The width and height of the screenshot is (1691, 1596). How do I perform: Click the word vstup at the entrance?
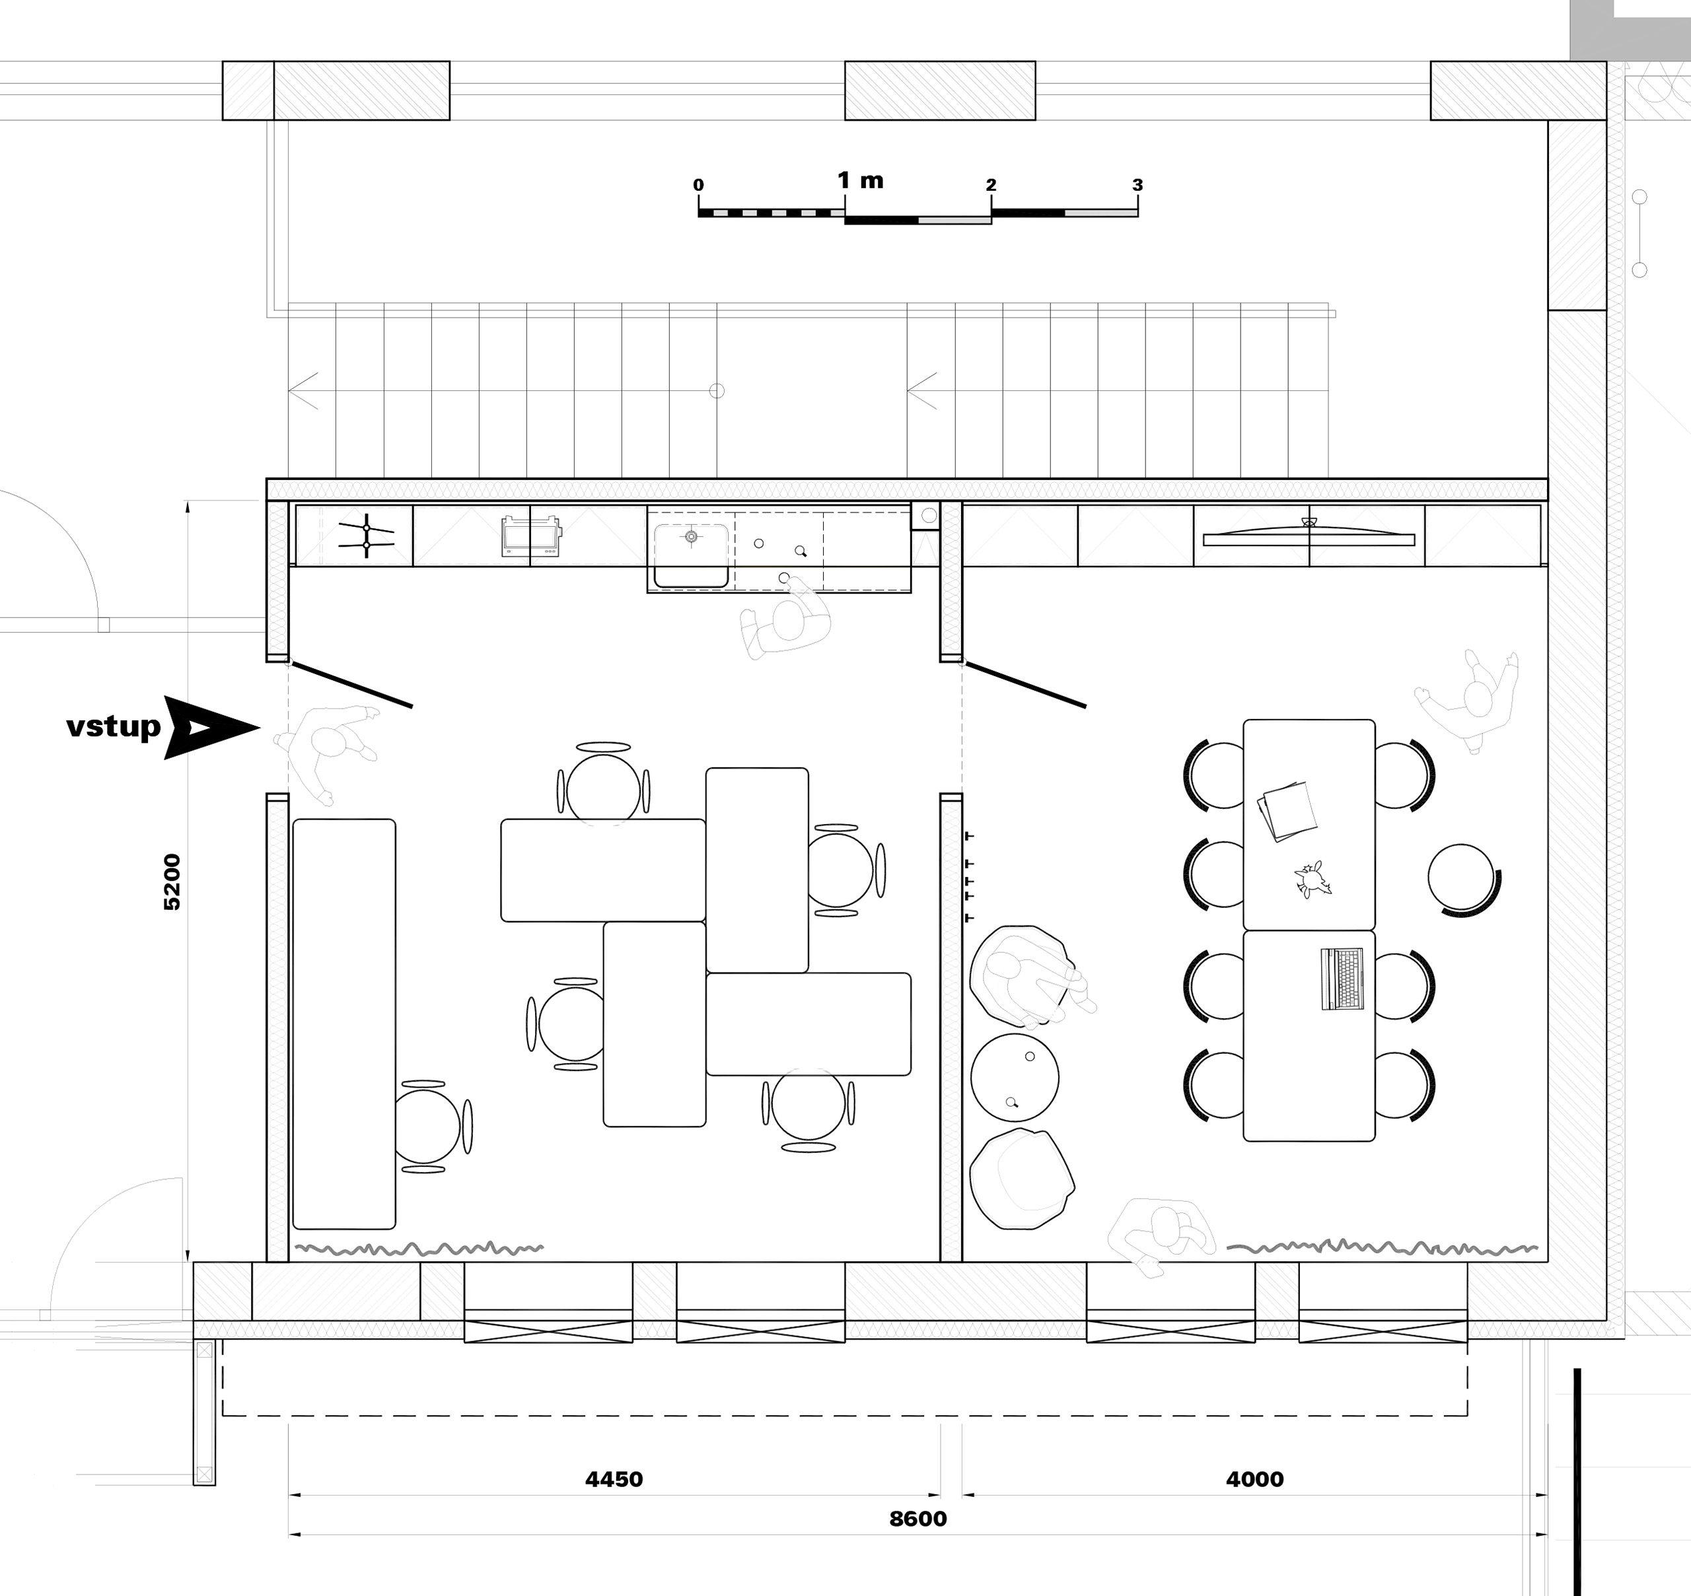coord(113,726)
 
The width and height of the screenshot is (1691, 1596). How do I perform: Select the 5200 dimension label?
coord(172,882)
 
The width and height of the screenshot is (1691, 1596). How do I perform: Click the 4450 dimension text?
coord(614,1479)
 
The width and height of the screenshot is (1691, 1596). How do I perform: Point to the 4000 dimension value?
coord(1254,1479)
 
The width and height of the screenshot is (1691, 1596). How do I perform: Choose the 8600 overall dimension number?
coord(917,1519)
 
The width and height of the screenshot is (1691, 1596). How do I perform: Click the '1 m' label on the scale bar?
coord(861,180)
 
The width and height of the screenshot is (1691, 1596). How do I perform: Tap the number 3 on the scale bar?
coord(1137,185)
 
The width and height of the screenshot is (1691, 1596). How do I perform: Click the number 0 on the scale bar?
coord(698,185)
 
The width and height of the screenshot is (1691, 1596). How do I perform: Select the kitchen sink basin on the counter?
coord(691,555)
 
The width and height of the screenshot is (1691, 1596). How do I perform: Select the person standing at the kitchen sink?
coord(785,617)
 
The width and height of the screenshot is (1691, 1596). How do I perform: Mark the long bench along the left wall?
coord(344,1024)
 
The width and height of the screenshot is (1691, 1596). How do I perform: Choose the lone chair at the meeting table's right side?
coord(1464,879)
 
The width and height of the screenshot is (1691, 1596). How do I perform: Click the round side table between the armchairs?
coord(1015,1077)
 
